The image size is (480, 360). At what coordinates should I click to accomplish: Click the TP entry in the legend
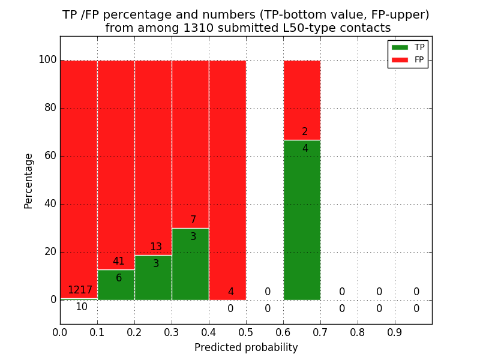pyautogui.click(x=408, y=47)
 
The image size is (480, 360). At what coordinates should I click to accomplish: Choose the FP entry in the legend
pyautogui.click(x=408, y=59)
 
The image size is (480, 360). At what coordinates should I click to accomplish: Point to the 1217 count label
pyautogui.click(x=80, y=290)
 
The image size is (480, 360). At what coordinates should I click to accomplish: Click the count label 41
pyautogui.click(x=119, y=262)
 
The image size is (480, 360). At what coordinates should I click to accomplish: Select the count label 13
pyautogui.click(x=156, y=247)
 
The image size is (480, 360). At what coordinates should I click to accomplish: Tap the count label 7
pyautogui.click(x=193, y=220)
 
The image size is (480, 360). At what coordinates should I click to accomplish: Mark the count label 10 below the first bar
pyautogui.click(x=81, y=307)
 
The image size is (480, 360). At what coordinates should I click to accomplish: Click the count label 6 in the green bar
pyautogui.click(x=119, y=278)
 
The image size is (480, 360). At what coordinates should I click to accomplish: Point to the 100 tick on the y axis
pyautogui.click(x=47, y=60)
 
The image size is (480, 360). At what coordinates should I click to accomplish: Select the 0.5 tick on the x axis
pyautogui.click(x=246, y=331)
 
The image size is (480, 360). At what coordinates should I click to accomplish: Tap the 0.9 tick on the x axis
pyautogui.click(x=395, y=331)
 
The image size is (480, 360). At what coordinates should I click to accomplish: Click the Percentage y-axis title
pyautogui.click(x=29, y=181)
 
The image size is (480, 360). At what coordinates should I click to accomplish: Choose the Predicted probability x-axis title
pyautogui.click(x=246, y=347)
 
